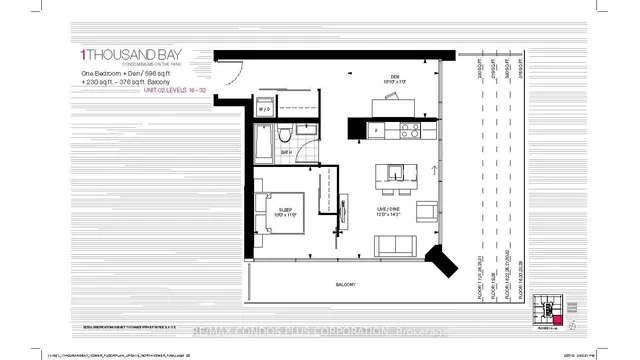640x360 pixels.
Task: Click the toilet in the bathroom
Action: tap(283, 134)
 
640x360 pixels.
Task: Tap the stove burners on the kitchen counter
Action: tap(408, 130)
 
